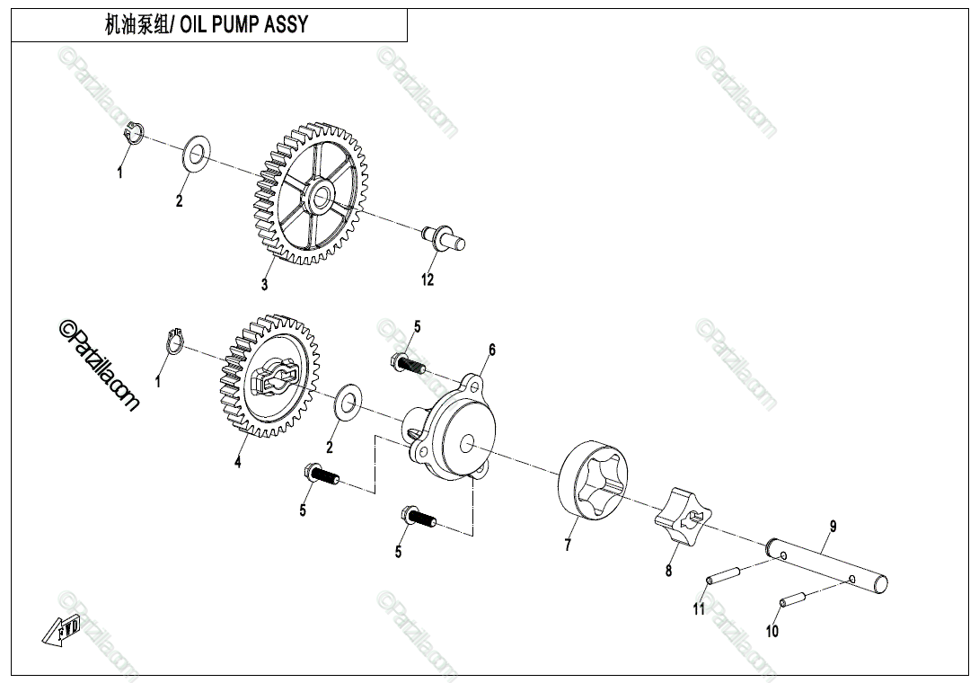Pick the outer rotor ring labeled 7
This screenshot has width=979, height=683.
(x=594, y=481)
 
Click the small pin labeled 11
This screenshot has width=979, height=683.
(x=724, y=573)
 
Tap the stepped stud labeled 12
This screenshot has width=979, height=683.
(x=443, y=238)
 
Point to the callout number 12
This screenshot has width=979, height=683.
(x=428, y=279)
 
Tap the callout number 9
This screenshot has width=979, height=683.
(x=832, y=526)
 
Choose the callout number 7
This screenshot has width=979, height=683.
(x=567, y=546)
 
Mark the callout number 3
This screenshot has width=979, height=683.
(x=264, y=285)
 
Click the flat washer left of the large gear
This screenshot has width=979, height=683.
(x=197, y=155)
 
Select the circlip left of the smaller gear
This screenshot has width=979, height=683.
(x=177, y=342)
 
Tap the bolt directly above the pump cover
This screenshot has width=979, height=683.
(x=408, y=363)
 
